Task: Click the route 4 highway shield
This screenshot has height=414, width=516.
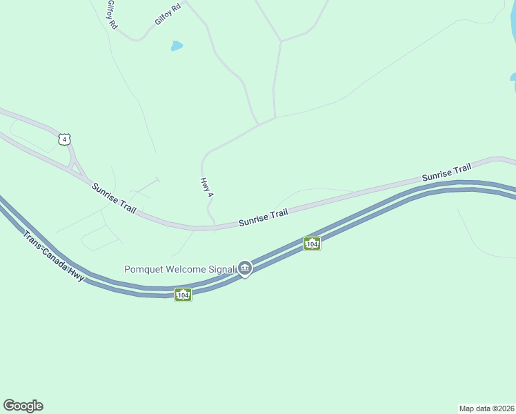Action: point(64,139)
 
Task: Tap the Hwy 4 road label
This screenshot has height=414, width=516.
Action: point(205,187)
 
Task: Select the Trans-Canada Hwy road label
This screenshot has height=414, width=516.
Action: point(53,255)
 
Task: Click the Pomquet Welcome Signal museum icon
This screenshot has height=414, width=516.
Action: point(245,268)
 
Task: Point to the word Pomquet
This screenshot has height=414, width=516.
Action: point(146,269)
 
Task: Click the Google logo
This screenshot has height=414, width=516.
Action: point(23,406)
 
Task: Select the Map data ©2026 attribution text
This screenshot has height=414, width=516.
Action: point(486,408)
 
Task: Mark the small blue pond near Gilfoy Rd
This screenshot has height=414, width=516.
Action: point(177,46)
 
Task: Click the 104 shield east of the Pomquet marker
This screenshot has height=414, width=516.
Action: point(312,244)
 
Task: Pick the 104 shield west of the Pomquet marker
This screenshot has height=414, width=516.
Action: point(183,295)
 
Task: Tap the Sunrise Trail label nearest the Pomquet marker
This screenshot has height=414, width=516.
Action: point(263,218)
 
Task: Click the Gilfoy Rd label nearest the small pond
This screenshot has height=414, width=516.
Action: point(168,13)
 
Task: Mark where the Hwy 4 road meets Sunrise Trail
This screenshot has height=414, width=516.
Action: point(214,226)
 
